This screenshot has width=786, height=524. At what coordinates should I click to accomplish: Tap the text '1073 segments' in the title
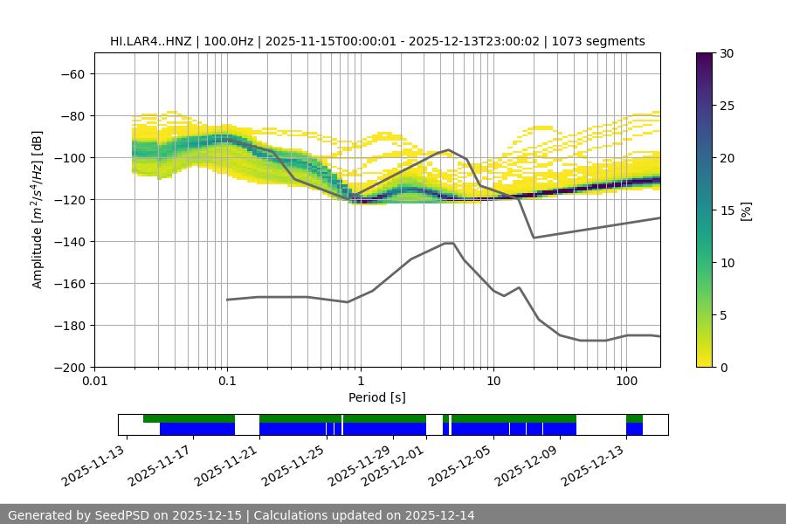point(603,41)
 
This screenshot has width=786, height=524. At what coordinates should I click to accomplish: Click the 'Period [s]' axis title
point(377,397)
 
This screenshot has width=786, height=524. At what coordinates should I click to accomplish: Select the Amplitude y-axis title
point(38,210)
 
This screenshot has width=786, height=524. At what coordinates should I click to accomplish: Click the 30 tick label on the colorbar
point(726,53)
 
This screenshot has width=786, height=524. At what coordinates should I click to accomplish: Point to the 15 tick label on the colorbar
point(726,210)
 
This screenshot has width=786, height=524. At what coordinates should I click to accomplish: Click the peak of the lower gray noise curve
point(449,243)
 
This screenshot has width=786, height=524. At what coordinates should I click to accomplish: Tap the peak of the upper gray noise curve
point(449,149)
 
